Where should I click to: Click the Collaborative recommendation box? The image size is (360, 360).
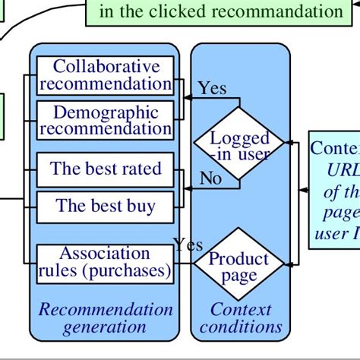click(x=106, y=75)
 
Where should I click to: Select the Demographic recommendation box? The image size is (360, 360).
click(x=106, y=121)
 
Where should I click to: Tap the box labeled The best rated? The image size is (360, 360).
click(x=106, y=168)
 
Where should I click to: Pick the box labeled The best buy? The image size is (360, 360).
click(x=106, y=205)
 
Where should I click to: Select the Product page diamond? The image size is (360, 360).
click(x=239, y=266)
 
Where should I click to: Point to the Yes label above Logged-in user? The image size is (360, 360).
click(x=212, y=88)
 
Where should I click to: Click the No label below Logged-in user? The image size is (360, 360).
click(x=210, y=178)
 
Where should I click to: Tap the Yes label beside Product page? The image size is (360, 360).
click(x=188, y=245)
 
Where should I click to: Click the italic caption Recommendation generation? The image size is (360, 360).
click(x=106, y=318)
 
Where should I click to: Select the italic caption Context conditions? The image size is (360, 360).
click(x=240, y=318)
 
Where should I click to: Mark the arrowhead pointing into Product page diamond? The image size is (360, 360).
click(x=287, y=265)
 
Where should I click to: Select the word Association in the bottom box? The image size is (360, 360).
click(x=94, y=253)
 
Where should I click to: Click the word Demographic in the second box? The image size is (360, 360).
click(x=96, y=112)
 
